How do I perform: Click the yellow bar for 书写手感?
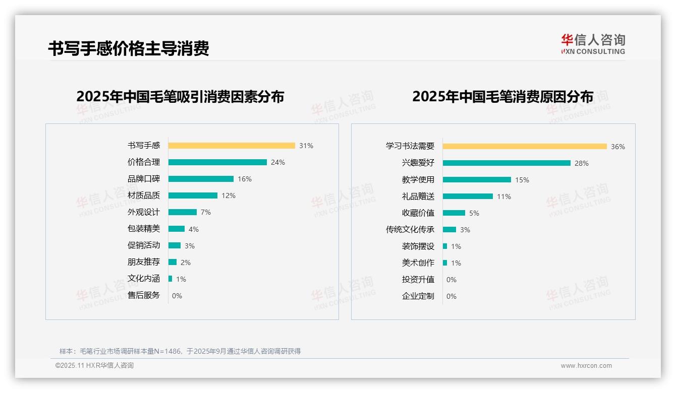click(232, 146)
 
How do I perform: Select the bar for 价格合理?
click(217, 162)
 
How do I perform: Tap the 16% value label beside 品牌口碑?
click(245, 179)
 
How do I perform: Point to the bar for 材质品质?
click(193, 195)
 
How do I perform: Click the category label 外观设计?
click(144, 212)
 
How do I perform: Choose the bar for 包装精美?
click(177, 229)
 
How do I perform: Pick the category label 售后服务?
click(144, 295)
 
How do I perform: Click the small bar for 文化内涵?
click(170, 279)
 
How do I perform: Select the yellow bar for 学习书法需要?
click(525, 147)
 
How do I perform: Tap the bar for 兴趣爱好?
click(506, 163)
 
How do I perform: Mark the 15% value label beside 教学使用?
click(522, 180)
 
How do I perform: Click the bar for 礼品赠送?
click(468, 196)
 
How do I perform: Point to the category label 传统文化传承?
click(410, 230)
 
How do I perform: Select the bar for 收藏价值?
click(454, 213)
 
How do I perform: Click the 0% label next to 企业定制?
click(452, 296)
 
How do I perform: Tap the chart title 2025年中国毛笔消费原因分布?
click(502, 96)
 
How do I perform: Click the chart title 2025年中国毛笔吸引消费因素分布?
click(180, 96)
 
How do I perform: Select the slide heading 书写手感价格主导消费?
click(129, 48)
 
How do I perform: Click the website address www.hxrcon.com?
click(586, 366)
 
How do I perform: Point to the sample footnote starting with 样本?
click(180, 351)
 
